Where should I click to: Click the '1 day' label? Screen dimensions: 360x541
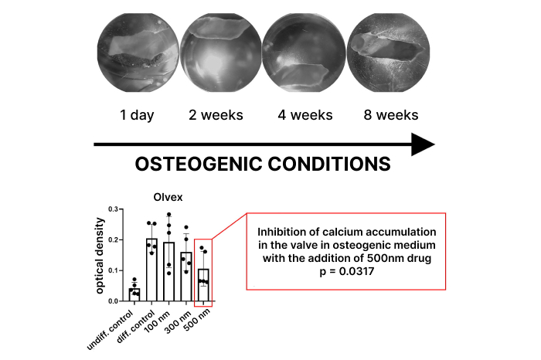click(136, 116)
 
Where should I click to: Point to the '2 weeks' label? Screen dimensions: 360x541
click(216, 116)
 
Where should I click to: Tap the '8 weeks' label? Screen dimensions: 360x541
click(391, 116)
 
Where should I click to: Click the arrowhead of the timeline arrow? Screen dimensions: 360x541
click(422, 144)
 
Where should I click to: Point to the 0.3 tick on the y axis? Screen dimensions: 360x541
click(114, 209)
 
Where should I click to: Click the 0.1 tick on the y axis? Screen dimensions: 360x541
click(114, 270)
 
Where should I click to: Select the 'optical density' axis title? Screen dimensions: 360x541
click(101, 255)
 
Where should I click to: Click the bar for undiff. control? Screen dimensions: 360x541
click(134, 294)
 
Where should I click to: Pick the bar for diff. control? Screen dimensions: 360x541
click(151, 270)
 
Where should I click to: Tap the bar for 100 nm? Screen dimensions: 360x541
click(168, 271)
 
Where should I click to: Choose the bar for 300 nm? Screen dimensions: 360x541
click(185, 276)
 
